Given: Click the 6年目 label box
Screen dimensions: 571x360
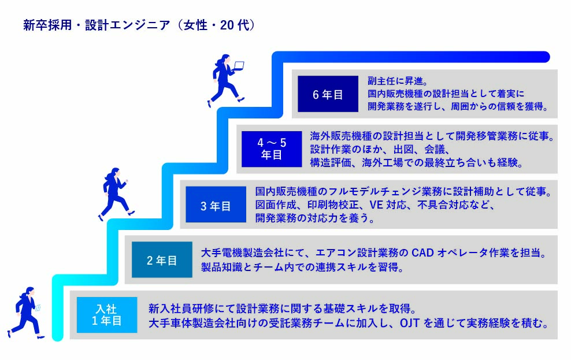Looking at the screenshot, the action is (328, 94).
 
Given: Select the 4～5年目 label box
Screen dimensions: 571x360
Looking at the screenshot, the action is (272, 149).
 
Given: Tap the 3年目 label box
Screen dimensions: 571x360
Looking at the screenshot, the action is (216, 205).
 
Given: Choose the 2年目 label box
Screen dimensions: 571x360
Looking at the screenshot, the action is (162, 260).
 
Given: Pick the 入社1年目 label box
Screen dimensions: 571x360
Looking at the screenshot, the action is (107, 315).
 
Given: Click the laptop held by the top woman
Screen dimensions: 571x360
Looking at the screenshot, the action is (238, 66).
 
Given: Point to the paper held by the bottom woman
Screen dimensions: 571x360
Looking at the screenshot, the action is (38, 308).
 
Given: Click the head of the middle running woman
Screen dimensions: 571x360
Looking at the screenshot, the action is (114, 172).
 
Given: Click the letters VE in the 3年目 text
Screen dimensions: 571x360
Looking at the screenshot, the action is (376, 205).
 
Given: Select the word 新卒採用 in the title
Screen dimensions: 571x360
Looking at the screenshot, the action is (47, 25).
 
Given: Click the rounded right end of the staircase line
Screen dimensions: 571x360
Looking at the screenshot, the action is (544, 57).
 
